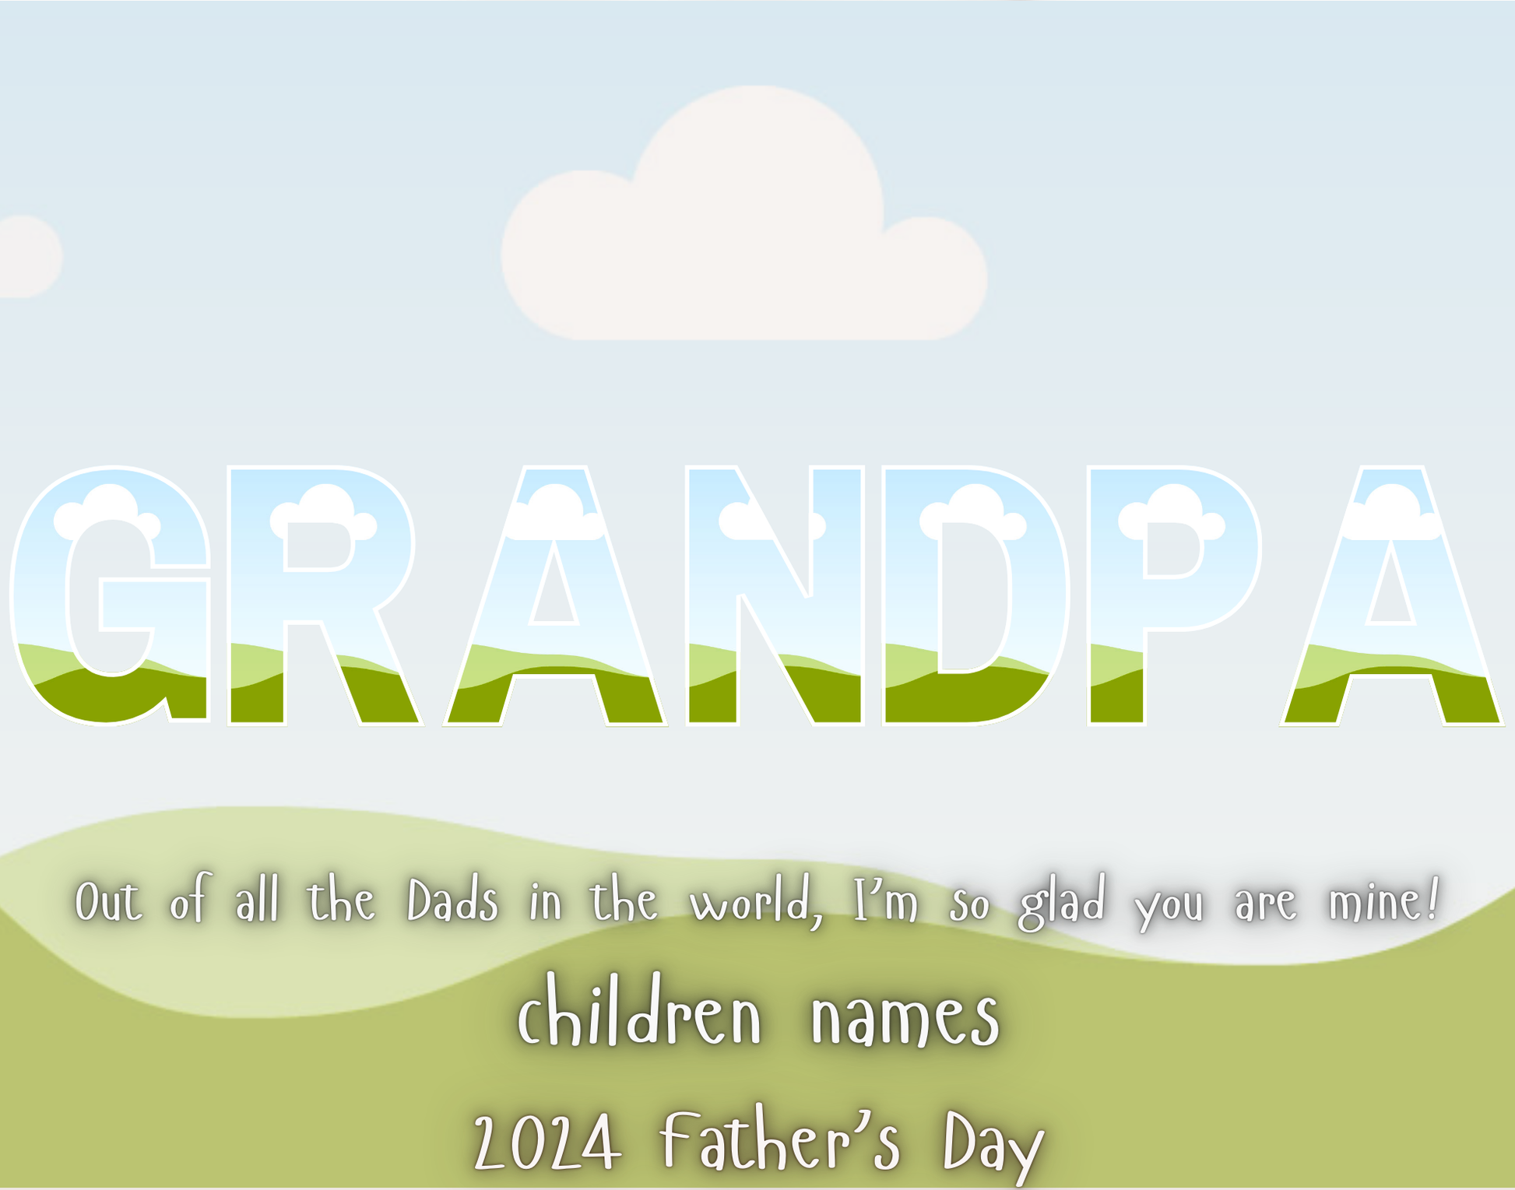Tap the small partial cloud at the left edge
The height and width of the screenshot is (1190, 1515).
27,257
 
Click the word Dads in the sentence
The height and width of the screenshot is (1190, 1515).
452,902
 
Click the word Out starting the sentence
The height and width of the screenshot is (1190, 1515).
108,903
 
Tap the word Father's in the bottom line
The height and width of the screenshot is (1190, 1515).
780,1139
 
